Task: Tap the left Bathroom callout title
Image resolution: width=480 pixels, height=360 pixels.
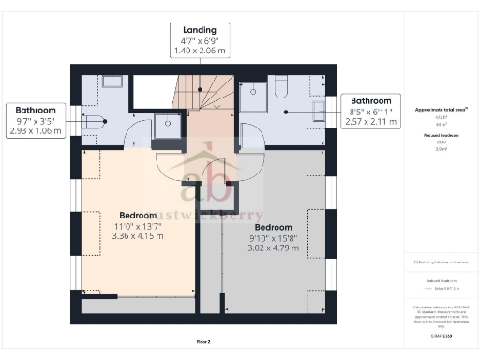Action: pyautogui.click(x=35, y=110)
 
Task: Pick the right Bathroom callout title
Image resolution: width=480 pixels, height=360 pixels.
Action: pyautogui.click(x=371, y=100)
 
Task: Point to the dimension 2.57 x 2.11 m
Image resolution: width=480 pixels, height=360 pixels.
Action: pyautogui.click(x=371, y=121)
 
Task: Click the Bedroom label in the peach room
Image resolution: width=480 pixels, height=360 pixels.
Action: pyautogui.click(x=138, y=215)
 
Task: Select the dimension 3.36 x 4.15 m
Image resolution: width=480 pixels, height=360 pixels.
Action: pyautogui.click(x=138, y=236)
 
